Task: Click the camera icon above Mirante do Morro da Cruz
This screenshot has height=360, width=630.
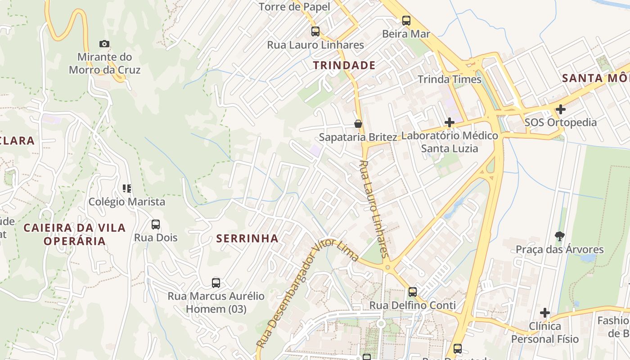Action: tap(104, 44)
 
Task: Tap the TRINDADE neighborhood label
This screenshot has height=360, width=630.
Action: tap(344, 65)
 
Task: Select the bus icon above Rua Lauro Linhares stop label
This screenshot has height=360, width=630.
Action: tap(315, 31)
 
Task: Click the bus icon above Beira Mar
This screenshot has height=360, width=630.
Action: tap(406, 20)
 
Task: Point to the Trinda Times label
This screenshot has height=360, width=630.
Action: tap(450, 80)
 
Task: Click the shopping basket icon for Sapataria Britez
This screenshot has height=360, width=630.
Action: tap(358, 124)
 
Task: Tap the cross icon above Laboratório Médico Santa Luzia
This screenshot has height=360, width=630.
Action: tap(449, 122)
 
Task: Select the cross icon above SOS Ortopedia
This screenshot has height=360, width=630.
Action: tap(560, 109)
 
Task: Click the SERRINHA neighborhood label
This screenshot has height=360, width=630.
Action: tap(247, 238)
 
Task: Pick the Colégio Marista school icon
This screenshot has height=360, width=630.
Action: tap(127, 189)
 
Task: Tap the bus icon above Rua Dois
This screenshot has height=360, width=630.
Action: tap(156, 224)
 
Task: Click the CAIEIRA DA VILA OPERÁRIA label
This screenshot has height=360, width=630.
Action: tap(75, 234)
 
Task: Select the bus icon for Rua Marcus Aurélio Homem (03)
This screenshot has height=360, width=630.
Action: tap(216, 283)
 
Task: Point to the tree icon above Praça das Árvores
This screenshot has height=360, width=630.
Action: tap(560, 236)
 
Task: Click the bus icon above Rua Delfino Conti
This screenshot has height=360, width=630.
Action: tap(413, 292)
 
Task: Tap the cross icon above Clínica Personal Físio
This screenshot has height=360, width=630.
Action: tap(545, 312)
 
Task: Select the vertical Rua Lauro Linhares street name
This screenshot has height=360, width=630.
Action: tap(374, 209)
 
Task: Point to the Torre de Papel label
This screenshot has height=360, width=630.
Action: tap(294, 7)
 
